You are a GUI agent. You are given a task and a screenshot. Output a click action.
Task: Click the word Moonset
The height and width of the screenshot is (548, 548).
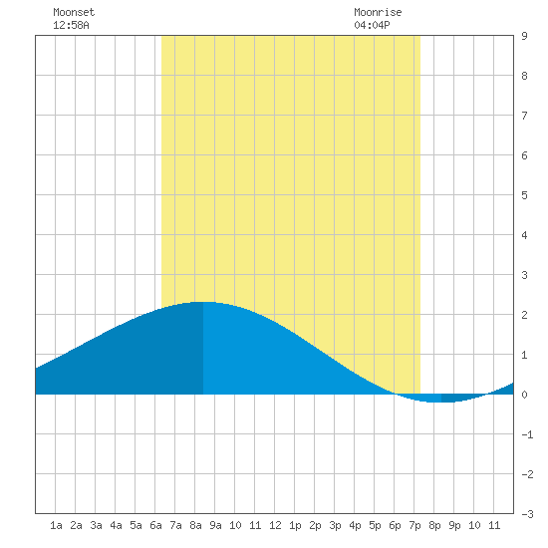[74, 12]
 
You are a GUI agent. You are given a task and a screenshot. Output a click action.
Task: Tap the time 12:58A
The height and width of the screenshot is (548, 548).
[71, 25]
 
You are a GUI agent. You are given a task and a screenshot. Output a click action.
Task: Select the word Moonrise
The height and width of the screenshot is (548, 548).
[378, 12]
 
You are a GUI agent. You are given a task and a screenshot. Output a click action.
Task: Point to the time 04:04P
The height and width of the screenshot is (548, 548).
[372, 25]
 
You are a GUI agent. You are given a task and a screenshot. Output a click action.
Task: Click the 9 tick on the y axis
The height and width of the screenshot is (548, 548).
[524, 36]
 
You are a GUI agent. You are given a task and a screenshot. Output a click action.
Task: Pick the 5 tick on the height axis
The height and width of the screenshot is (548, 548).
[524, 195]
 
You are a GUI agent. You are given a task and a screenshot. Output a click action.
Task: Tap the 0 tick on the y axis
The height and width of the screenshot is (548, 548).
[524, 395]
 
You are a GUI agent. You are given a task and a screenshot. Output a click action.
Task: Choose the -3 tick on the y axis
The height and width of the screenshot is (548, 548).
[527, 514]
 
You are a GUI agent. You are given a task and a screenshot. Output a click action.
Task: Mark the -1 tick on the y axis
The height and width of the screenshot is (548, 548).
[527, 434]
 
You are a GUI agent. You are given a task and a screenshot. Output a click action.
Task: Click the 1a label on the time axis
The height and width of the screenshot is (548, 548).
[56, 525]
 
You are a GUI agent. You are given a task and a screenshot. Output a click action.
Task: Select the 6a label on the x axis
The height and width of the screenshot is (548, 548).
[155, 525]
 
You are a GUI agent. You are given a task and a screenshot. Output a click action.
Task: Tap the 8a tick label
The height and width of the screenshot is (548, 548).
[195, 525]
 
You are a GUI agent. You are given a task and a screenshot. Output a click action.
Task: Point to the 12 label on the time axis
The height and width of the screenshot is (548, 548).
[275, 525]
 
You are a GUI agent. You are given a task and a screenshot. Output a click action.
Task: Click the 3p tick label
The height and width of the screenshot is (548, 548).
[335, 525]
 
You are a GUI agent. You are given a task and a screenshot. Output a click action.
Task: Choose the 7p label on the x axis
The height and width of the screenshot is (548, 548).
[414, 525]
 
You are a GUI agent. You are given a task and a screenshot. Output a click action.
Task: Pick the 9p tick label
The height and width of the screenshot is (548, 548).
[454, 525]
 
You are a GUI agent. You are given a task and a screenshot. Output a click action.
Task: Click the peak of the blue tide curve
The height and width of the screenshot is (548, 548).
[203, 302]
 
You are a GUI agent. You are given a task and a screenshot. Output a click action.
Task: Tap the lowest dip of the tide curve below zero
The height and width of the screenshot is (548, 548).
[436, 402]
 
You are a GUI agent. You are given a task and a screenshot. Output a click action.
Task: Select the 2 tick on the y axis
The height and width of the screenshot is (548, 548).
[524, 315]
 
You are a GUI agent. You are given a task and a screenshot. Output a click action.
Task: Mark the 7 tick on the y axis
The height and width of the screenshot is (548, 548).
[524, 116]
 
